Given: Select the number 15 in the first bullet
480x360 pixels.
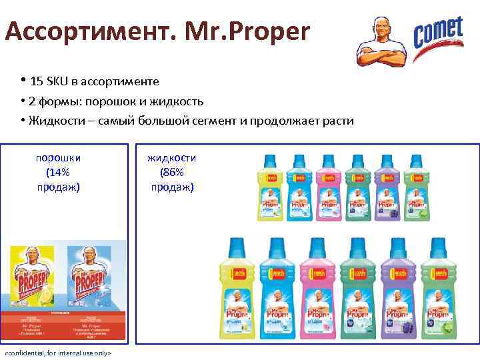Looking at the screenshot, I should tap(36, 81).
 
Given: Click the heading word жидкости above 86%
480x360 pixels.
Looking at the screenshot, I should tap(171, 158).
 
